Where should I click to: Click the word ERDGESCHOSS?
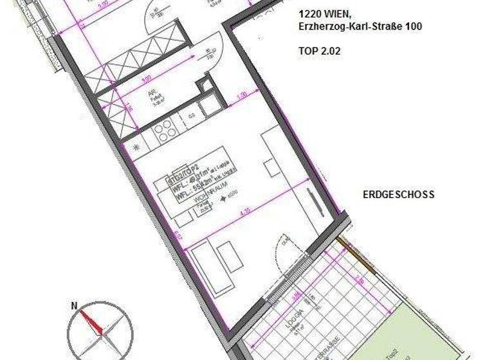[x=399, y=194]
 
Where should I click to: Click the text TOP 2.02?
[x=319, y=50]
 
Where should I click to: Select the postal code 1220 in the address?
[x=310, y=14]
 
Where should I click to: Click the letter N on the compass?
[x=74, y=306]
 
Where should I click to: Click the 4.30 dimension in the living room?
[x=243, y=210]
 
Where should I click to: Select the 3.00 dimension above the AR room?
[x=145, y=79]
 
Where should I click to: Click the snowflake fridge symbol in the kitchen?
[x=136, y=147]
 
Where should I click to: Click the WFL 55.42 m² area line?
[x=193, y=184]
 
